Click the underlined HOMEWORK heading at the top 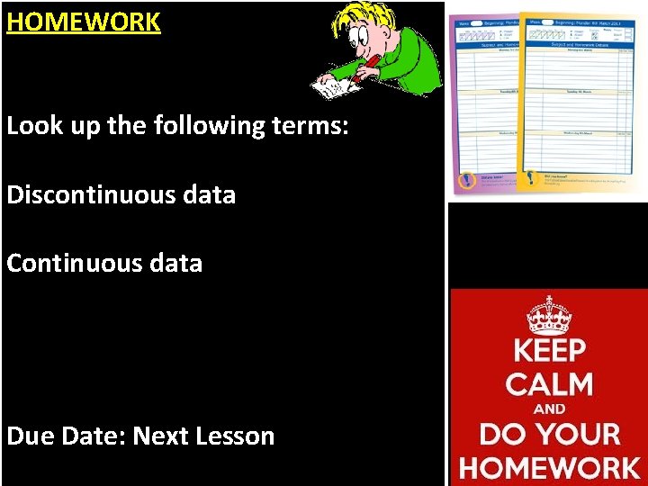coord(84,22)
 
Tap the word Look coord(34,125)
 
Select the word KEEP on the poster coord(548,351)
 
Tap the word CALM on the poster coord(548,384)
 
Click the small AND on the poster coord(549,409)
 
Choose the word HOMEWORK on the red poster coord(549,467)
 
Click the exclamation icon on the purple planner coord(466,179)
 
